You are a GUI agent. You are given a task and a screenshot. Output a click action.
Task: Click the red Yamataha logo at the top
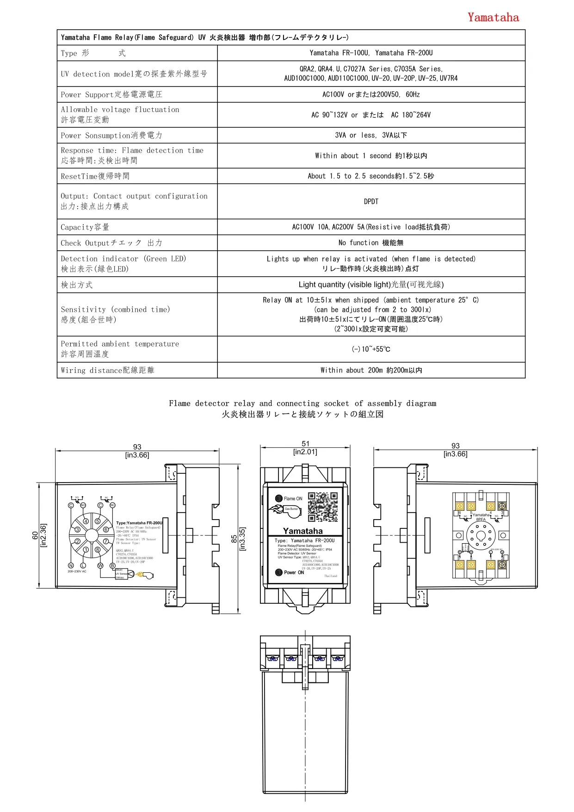tap(493, 18)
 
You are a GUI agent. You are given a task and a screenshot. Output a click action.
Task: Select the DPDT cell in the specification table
tap(371, 202)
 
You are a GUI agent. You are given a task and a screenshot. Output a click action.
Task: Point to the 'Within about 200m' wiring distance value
tap(371, 370)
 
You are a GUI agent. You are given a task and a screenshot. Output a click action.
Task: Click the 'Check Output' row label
tap(111, 243)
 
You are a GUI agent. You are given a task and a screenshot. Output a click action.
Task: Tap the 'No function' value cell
tap(371, 243)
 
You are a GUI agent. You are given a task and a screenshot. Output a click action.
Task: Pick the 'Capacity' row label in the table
tap(85, 227)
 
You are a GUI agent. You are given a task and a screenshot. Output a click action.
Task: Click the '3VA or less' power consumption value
tap(371, 135)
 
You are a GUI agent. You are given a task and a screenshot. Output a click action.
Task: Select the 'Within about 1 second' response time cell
tap(371, 156)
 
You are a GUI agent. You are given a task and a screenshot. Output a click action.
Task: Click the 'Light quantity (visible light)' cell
tap(371, 285)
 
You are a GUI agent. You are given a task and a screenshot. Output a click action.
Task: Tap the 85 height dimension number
tap(234, 539)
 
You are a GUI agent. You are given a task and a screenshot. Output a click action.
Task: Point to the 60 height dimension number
tap(35, 535)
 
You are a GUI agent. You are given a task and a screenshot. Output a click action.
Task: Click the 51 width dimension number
tap(305, 444)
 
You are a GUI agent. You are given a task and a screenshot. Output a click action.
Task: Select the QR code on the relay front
tap(323, 507)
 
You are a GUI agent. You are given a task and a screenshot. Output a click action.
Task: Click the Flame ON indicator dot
tap(278, 498)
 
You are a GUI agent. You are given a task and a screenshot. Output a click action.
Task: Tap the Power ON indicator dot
tap(278, 572)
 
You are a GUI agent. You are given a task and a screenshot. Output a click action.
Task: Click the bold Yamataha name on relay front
tap(303, 531)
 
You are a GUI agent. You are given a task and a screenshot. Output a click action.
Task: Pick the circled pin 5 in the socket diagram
tap(98, 521)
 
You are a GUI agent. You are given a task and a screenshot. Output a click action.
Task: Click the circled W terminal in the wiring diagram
tap(100, 565)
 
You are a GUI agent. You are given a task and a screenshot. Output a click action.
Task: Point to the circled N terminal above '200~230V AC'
tap(71, 565)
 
